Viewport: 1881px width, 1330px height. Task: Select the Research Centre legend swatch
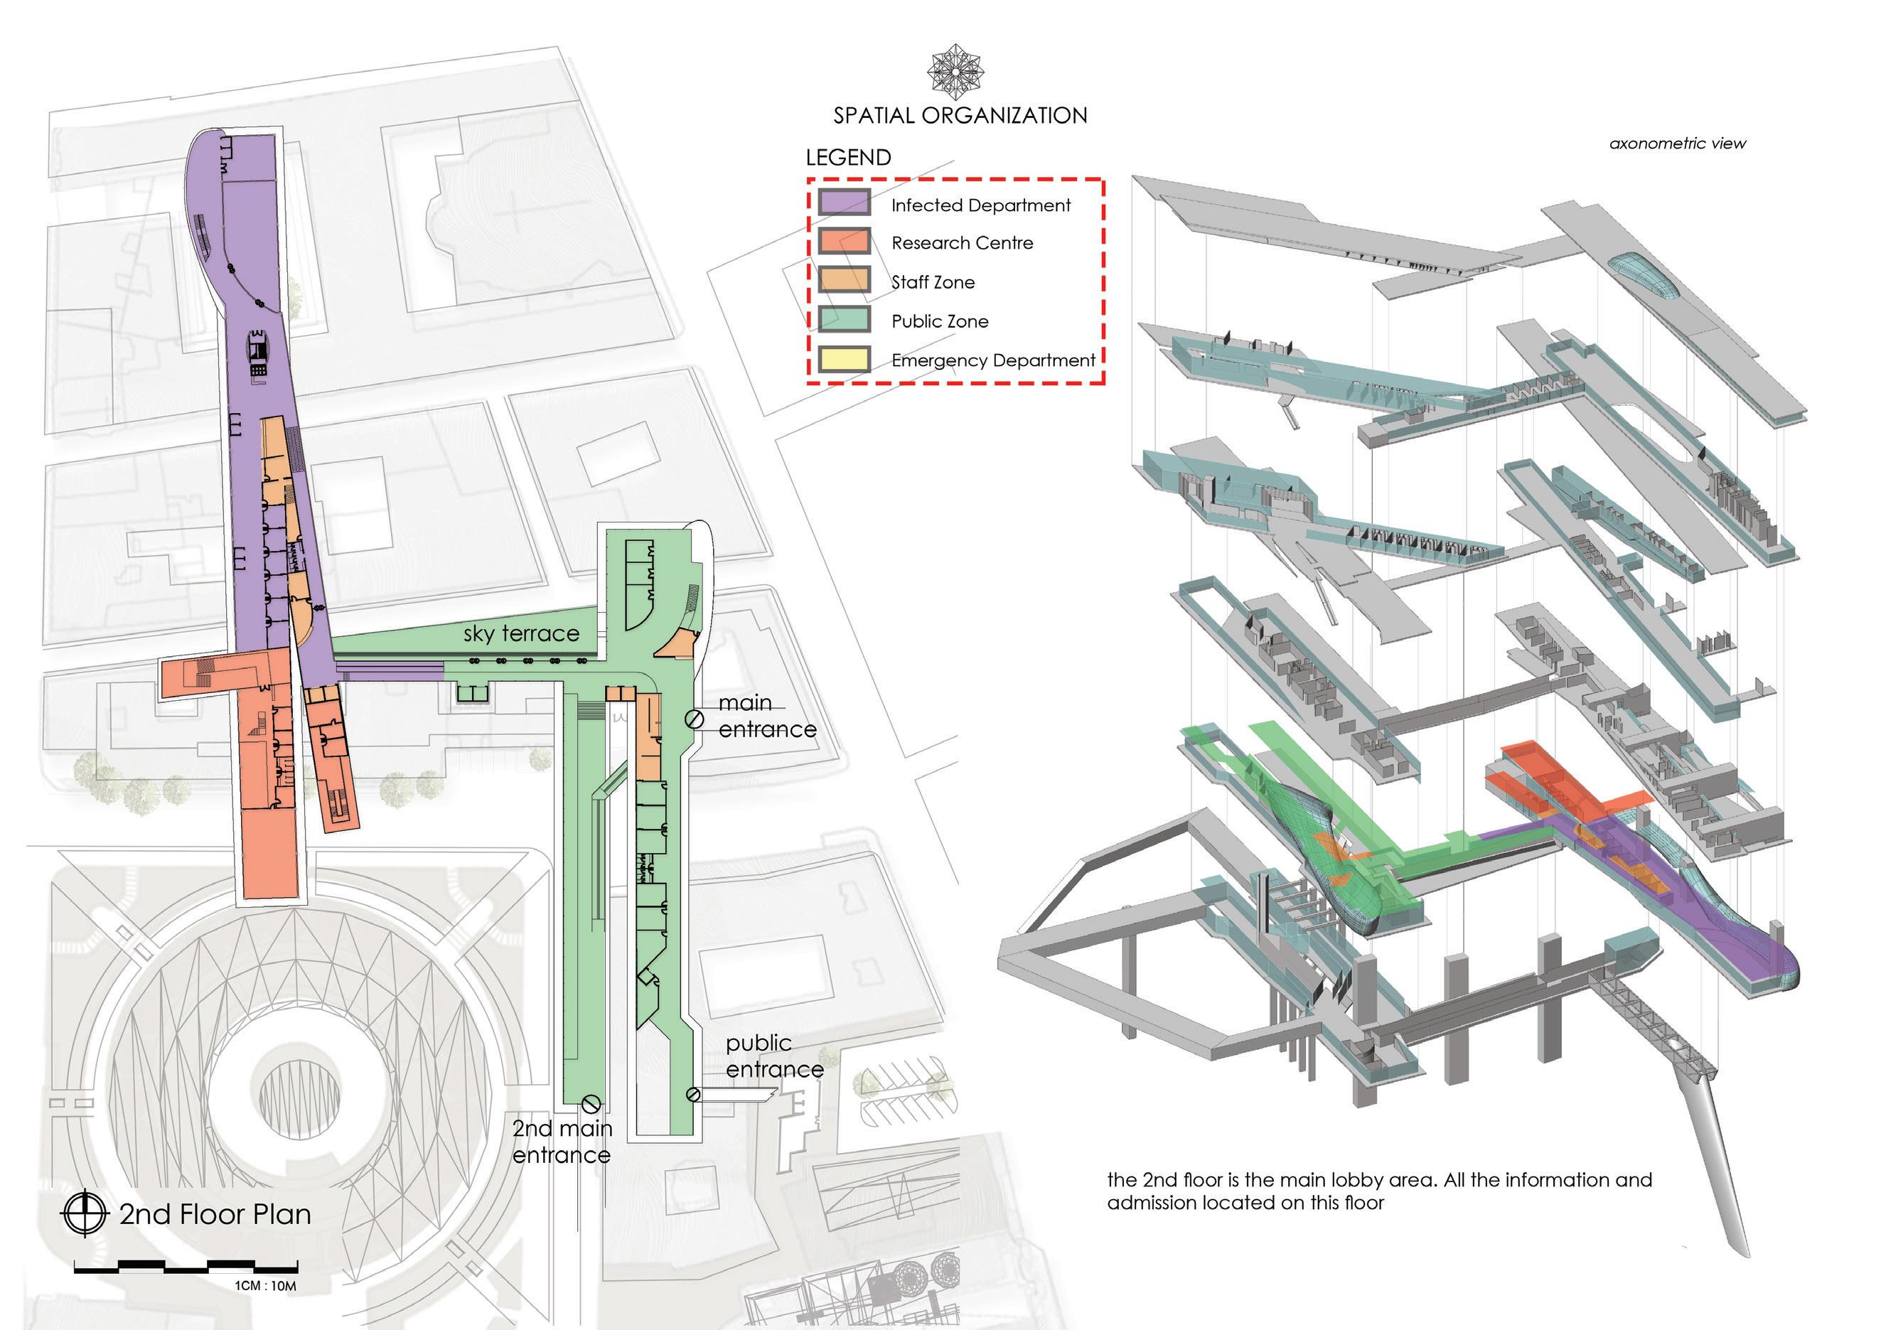pos(844,242)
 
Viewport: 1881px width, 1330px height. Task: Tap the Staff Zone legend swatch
pos(844,280)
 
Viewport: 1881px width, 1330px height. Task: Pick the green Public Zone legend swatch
pos(844,319)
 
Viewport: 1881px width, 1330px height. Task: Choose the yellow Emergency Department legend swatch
pos(844,359)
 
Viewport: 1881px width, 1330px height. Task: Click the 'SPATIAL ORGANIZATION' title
pos(960,115)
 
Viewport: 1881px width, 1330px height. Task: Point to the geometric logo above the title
pos(955,72)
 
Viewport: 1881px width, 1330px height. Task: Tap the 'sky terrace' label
pos(521,633)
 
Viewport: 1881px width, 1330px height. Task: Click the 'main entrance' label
pos(767,716)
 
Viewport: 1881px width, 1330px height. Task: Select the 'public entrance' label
pos(774,1056)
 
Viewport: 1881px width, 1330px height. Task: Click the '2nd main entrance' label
pos(562,1142)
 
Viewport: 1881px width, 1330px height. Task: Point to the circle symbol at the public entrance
pos(693,1094)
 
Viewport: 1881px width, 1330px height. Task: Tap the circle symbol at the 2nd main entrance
pos(591,1104)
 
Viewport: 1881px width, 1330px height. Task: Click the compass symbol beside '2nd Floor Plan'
pos(85,1213)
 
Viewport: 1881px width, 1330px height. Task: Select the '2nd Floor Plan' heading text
pos(215,1213)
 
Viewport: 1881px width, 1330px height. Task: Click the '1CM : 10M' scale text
pos(265,1286)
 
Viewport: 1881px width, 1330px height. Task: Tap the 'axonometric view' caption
pos(1677,144)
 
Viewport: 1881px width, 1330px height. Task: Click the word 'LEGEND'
pos(848,157)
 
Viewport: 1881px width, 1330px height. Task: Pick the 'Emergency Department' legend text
pos(993,360)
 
